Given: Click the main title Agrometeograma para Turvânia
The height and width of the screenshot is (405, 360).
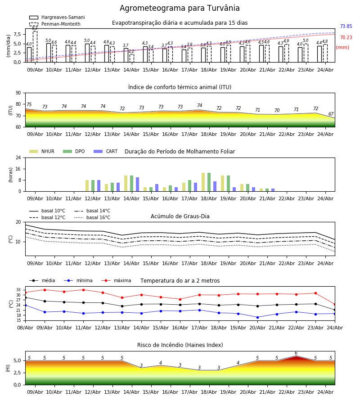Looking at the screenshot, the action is pos(180,8).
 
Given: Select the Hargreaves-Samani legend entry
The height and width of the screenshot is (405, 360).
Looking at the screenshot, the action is pos(57,17).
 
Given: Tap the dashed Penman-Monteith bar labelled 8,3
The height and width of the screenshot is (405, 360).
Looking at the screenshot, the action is pos(35,46).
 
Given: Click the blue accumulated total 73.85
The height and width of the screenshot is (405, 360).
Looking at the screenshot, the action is pos(346,26).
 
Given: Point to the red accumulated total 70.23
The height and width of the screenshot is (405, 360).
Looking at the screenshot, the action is pos(346,37).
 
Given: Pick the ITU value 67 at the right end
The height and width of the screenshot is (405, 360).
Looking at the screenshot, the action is pos(331,114).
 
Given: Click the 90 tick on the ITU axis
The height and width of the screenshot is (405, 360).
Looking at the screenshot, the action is pos(18,93).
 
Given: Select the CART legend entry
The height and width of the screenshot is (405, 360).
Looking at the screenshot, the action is pos(105,151).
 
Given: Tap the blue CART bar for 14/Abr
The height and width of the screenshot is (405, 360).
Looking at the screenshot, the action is pos(137,184).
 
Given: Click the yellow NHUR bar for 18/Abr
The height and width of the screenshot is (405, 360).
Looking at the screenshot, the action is pos(203,182).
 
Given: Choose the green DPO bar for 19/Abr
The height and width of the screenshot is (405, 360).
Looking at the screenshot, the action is pos(228,184).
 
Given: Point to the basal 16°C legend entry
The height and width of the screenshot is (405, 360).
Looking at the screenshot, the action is pos(92,217).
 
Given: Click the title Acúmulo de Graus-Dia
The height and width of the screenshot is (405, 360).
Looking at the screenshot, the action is pos(180,216).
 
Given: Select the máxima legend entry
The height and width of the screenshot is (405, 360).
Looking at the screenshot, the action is pos(116,280).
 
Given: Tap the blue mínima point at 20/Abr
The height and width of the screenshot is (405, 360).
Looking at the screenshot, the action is pos(257,317).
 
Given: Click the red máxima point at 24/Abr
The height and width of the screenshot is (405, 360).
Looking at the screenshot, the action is pos(335,305).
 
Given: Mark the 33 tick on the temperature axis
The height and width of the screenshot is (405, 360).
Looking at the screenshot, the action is pos(18,290).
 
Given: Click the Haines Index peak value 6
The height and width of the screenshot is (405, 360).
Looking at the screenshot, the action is pos(296,353).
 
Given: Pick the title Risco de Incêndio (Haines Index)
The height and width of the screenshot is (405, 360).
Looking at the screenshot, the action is pos(180,345).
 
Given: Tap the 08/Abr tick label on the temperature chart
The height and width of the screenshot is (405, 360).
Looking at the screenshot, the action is pos(25,328).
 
